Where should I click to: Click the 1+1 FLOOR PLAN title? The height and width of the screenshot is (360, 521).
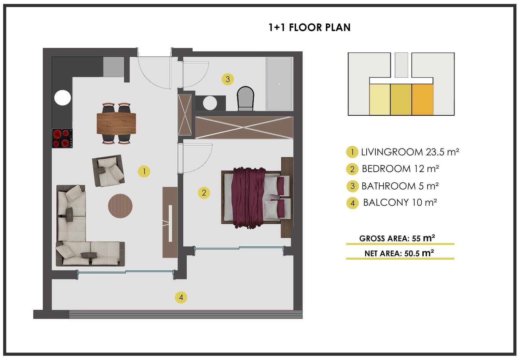click(309, 27)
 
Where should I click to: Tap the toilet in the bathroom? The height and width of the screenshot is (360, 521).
click(246, 98)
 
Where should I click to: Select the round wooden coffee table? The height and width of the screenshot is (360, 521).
click(120, 206)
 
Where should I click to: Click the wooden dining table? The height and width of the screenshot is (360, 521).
click(116, 123)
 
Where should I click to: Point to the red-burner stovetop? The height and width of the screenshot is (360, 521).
click(62, 138)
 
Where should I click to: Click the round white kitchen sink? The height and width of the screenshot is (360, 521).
click(63, 98)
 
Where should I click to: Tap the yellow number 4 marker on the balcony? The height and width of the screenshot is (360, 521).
click(181, 297)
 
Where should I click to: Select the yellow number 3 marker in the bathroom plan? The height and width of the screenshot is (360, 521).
click(228, 79)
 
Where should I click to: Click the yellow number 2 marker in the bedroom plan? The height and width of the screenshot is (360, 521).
click(204, 193)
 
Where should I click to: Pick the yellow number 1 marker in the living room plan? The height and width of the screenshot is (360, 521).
click(144, 171)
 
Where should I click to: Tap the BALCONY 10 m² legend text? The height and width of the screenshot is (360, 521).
click(400, 202)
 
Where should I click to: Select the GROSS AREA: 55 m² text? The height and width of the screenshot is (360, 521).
click(397, 238)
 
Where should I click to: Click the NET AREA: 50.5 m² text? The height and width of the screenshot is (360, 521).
click(399, 253)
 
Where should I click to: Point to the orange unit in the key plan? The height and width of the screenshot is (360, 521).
click(423, 100)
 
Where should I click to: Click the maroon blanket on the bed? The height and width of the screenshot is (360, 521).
click(248, 198)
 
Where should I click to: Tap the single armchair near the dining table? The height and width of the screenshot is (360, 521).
click(108, 171)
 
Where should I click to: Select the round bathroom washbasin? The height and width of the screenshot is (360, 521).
click(210, 103)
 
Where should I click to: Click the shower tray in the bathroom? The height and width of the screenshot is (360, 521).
click(279, 84)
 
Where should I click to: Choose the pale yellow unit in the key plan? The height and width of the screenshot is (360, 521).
click(380, 100)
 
